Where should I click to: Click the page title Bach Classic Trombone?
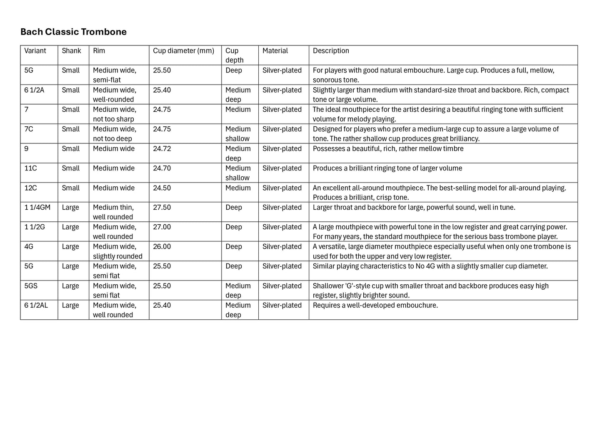point(73,32)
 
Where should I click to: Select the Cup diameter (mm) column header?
point(183,51)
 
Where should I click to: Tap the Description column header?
point(331,51)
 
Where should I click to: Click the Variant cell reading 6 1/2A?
point(34,90)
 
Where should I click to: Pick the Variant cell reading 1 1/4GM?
point(37,208)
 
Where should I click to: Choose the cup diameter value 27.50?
point(162,208)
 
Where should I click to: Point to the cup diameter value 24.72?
point(162,149)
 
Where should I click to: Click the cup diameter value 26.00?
point(162,247)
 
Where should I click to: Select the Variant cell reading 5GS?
point(31,286)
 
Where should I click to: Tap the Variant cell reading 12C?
point(31,188)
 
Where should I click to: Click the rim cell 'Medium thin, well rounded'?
point(113,212)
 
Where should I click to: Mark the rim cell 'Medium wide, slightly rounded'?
point(117,251)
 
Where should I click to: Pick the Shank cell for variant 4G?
point(70,247)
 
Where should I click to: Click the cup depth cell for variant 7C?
point(238,134)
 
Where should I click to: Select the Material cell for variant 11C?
point(282,168)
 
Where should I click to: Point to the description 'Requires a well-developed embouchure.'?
point(375,306)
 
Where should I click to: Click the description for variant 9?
point(388,149)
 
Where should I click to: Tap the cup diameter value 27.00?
point(162,227)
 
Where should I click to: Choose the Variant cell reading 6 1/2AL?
point(36,306)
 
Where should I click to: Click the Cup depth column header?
point(234,55)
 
